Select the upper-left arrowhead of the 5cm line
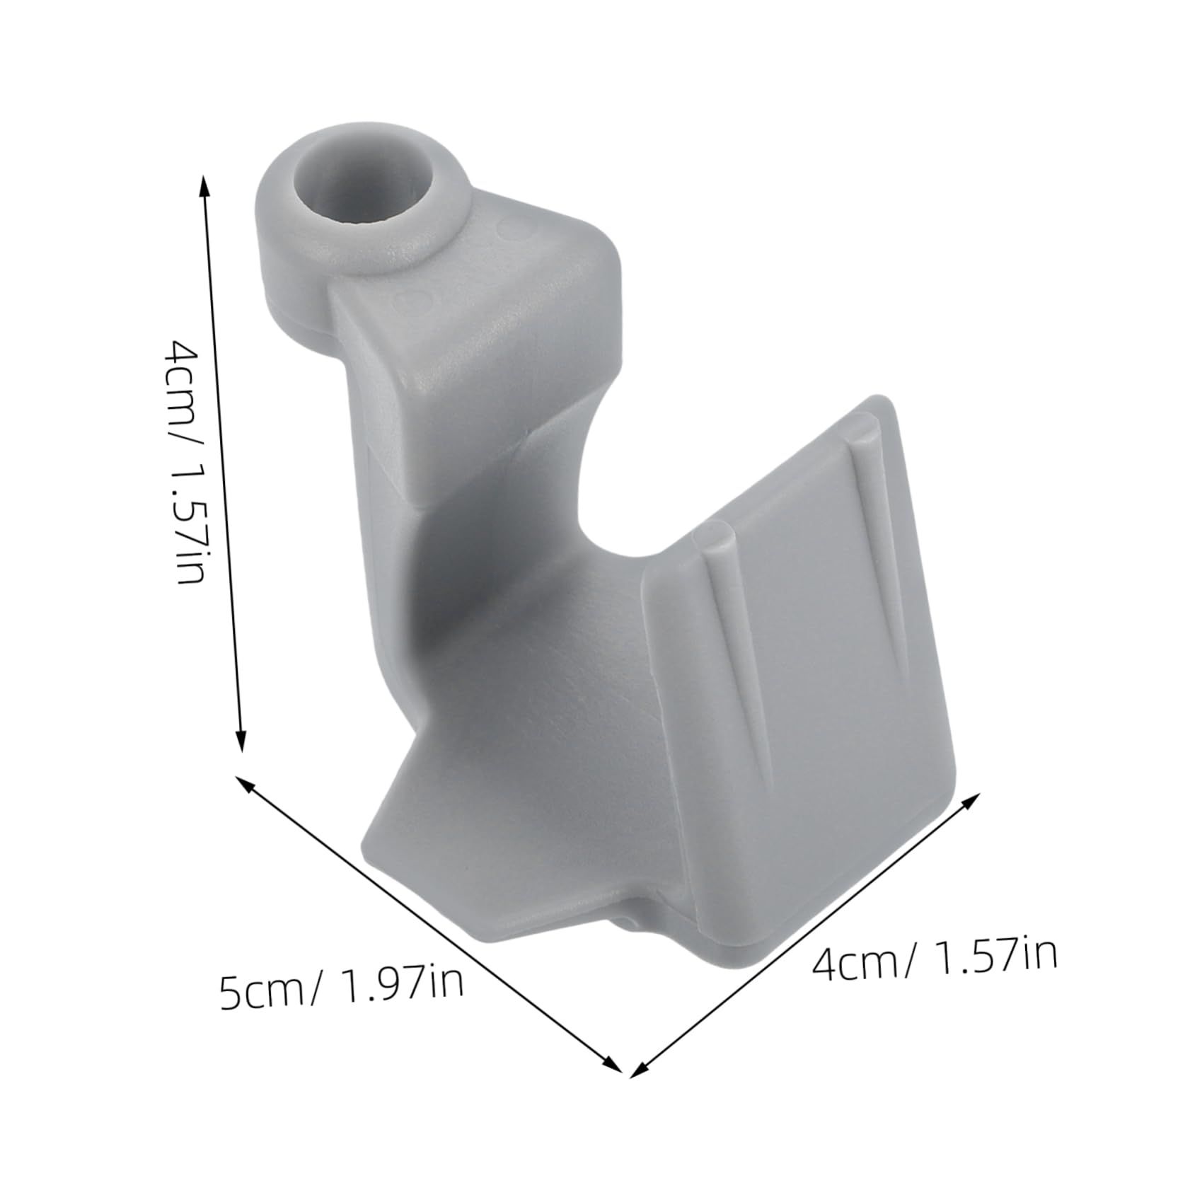243,784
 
